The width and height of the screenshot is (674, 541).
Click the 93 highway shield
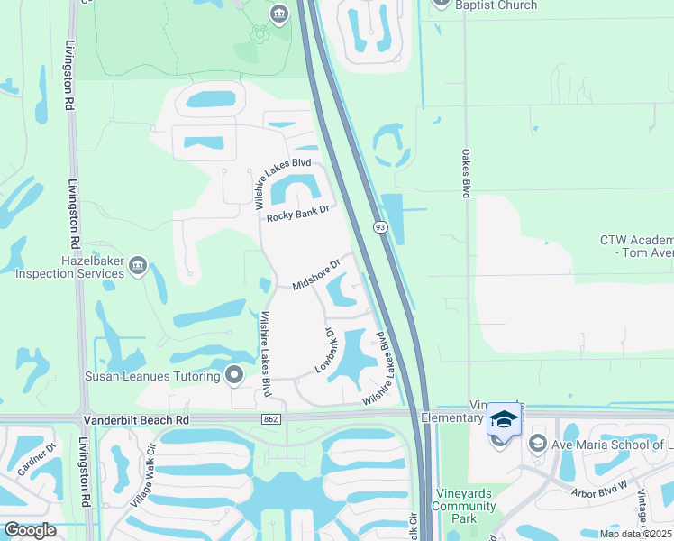380,228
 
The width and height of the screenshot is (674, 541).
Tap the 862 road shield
271,420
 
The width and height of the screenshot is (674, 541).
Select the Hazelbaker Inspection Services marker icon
138,265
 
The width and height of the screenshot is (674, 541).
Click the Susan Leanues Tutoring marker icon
235,374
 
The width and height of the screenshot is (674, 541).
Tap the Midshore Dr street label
315,275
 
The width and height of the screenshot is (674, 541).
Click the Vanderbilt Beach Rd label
137,420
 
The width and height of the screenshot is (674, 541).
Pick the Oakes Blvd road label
467,173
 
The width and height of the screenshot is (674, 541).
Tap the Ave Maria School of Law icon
538,443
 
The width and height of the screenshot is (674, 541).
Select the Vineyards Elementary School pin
504,420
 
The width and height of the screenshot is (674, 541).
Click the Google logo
30,530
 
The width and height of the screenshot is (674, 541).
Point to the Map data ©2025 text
635,534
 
